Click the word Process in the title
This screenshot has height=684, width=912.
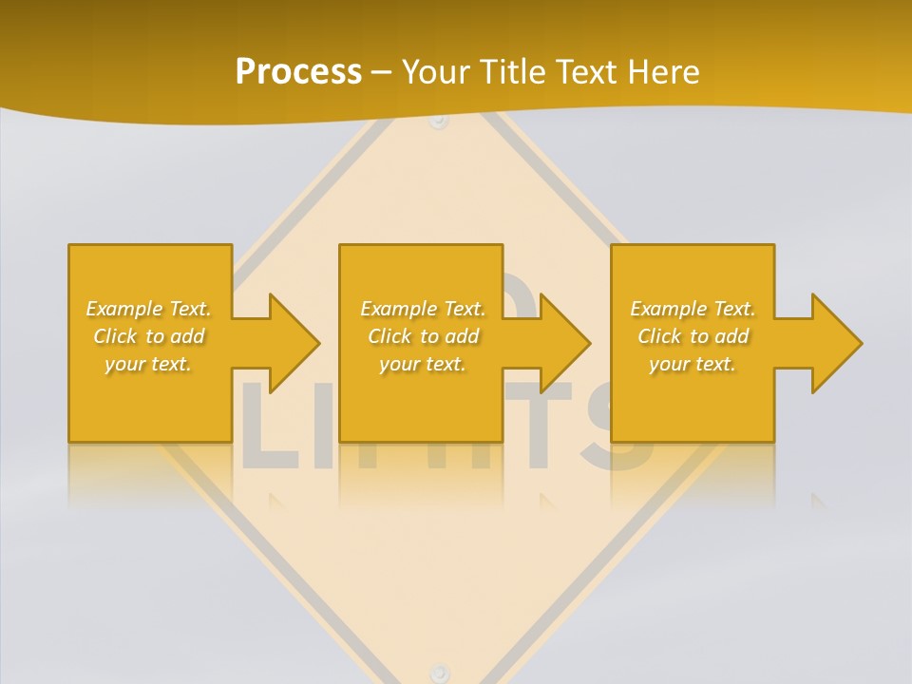pyautogui.click(x=298, y=72)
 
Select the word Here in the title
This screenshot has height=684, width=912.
pyautogui.click(x=664, y=72)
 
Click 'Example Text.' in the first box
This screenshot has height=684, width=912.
pyautogui.click(x=148, y=309)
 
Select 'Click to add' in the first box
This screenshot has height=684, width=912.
pyautogui.click(x=148, y=336)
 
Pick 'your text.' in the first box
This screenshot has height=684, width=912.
pyautogui.click(x=148, y=364)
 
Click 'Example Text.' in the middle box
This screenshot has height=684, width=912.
pyautogui.click(x=423, y=309)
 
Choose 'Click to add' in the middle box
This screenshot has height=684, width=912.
pyautogui.click(x=423, y=336)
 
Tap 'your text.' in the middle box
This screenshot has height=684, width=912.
pyautogui.click(x=423, y=364)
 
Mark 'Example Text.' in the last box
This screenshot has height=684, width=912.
pyautogui.click(x=693, y=309)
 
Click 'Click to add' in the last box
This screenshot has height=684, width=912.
pyautogui.click(x=693, y=336)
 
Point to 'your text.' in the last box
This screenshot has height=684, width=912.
pyautogui.click(x=693, y=364)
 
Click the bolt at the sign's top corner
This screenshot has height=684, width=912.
pyautogui.click(x=438, y=121)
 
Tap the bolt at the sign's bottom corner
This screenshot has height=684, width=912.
pyautogui.click(x=438, y=672)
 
